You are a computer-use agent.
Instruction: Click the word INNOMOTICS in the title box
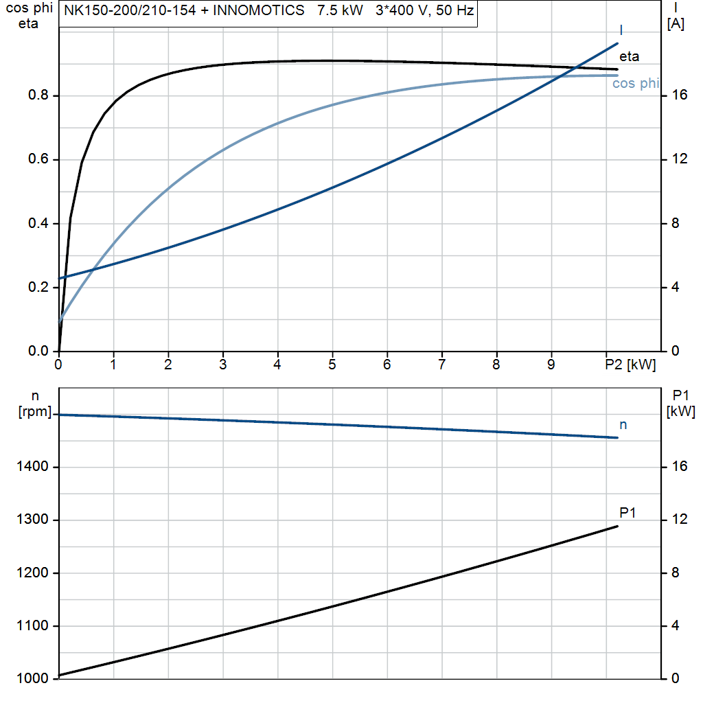(x=259, y=10)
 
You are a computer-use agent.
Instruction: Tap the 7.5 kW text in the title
(x=341, y=10)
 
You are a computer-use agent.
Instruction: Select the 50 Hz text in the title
(x=454, y=10)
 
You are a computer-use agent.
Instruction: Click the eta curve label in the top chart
(x=629, y=56)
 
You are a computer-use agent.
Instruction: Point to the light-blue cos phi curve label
(x=636, y=83)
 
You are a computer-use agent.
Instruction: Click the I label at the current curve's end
(x=621, y=30)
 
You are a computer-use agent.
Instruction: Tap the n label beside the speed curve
(x=623, y=424)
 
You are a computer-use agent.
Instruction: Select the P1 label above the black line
(x=627, y=512)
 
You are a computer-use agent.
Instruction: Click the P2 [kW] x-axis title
(x=630, y=365)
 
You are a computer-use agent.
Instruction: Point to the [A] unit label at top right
(x=676, y=23)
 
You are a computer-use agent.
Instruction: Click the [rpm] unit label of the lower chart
(x=35, y=412)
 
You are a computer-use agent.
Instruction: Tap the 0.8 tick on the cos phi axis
(x=38, y=95)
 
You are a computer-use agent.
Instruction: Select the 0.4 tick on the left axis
(x=38, y=223)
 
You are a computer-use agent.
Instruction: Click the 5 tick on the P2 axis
(x=332, y=365)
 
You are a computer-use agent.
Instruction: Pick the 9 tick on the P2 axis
(x=551, y=365)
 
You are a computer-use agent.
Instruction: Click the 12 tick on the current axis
(x=679, y=159)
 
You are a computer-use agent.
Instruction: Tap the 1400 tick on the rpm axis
(x=32, y=467)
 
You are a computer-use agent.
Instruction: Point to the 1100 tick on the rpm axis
(x=32, y=625)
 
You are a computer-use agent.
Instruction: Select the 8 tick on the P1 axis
(x=676, y=573)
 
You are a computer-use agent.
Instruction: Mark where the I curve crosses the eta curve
(x=576, y=67)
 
